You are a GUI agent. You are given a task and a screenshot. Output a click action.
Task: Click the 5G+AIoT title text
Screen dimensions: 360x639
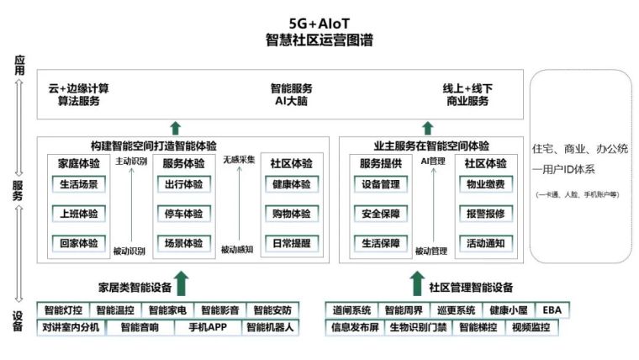tap(319, 23)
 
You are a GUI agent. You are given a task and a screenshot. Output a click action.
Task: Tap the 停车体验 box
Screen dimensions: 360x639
tap(182, 214)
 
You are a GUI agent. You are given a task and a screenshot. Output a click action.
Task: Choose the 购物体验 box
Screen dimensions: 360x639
tap(291, 214)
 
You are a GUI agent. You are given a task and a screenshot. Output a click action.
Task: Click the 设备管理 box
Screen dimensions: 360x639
tap(381, 184)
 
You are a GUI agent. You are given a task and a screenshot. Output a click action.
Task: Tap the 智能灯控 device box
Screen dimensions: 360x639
tap(64, 310)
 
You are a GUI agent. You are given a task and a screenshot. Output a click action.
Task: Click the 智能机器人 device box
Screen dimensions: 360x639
tap(270, 328)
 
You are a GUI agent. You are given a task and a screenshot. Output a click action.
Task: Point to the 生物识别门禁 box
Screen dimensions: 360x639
tap(418, 328)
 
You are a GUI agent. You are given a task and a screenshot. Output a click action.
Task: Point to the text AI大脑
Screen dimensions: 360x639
tap(292, 101)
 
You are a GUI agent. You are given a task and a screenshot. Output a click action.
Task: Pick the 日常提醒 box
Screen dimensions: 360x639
tap(291, 243)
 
